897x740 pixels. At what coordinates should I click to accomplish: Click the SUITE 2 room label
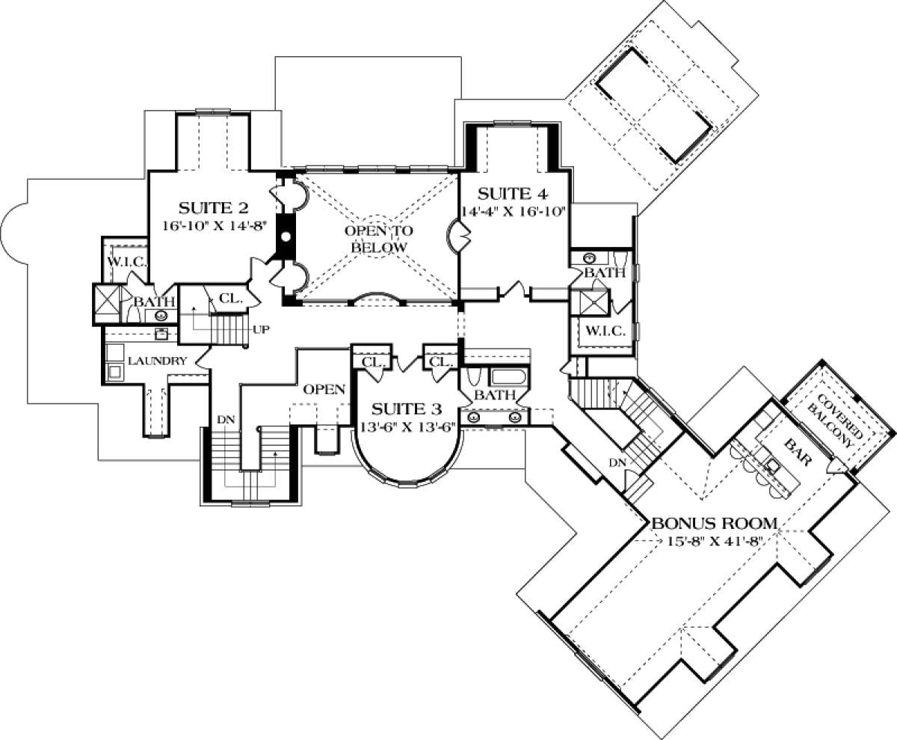[x=214, y=208]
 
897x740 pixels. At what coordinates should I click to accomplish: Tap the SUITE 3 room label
[x=407, y=409]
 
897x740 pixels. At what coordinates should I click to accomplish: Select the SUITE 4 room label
[x=513, y=194]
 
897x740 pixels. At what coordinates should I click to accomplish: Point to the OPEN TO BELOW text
[x=378, y=239]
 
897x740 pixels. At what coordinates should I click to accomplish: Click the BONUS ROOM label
[x=715, y=523]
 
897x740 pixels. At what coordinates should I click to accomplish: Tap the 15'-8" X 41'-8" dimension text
[x=715, y=541]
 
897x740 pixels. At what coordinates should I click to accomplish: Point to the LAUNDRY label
[x=157, y=361]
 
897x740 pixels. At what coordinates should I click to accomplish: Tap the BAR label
[x=798, y=453]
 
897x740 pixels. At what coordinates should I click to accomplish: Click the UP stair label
[x=261, y=330]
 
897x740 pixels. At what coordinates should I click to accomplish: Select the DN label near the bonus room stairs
[x=617, y=462]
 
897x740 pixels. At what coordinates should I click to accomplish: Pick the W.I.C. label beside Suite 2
[x=127, y=262]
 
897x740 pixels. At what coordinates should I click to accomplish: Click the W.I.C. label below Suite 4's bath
[x=605, y=331]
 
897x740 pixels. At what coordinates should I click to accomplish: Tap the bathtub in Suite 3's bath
[x=508, y=377]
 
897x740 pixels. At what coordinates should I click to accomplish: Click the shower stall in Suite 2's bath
[x=106, y=305]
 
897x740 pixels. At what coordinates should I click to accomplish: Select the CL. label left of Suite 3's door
[x=372, y=362]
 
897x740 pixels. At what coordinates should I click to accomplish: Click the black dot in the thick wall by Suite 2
[x=286, y=236]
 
